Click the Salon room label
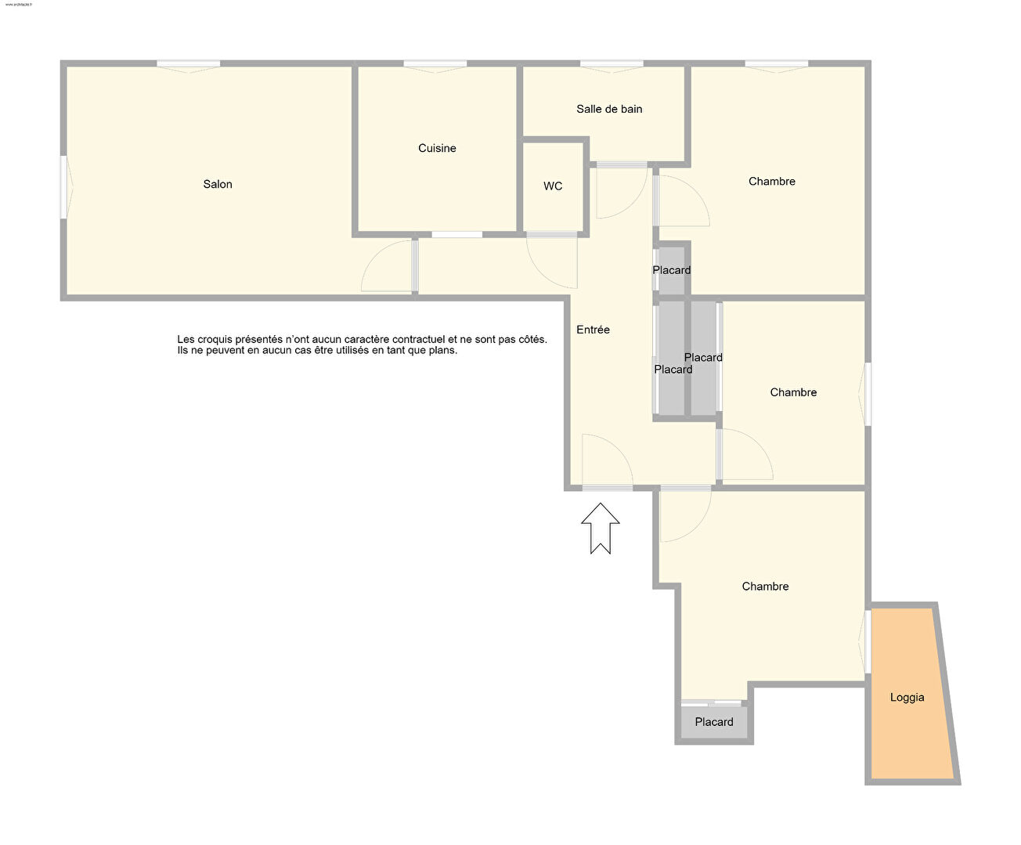218,184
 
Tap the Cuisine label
437,148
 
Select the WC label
553,186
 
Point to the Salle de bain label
609,109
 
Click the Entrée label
593,330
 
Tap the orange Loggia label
907,698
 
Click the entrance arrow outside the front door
601,528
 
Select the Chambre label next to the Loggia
765,587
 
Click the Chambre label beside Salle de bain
771,182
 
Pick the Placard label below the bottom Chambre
714,722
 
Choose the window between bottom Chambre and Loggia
865,641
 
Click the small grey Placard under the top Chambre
672,270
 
